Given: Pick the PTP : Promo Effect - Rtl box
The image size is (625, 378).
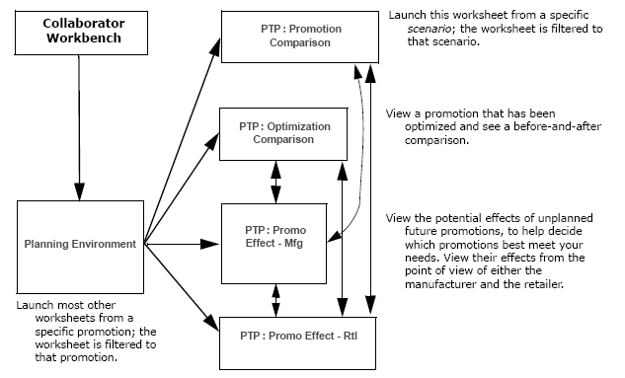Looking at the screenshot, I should (283, 337).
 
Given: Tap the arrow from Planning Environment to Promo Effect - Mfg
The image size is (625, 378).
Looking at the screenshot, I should (182, 242).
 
